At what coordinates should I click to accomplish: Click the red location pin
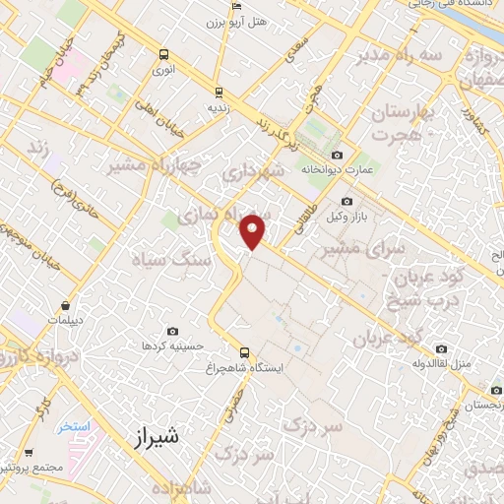click(x=254, y=230)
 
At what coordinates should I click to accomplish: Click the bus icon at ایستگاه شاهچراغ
click(x=244, y=352)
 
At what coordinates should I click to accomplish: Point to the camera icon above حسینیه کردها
click(x=173, y=331)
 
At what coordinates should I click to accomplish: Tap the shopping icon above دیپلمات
click(x=65, y=306)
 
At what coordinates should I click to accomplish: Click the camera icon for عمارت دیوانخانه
click(x=338, y=155)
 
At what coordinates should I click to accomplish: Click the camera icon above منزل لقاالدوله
click(x=442, y=349)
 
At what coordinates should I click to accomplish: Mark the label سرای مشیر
click(x=351, y=251)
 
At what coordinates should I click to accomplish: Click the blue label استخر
click(x=73, y=426)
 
